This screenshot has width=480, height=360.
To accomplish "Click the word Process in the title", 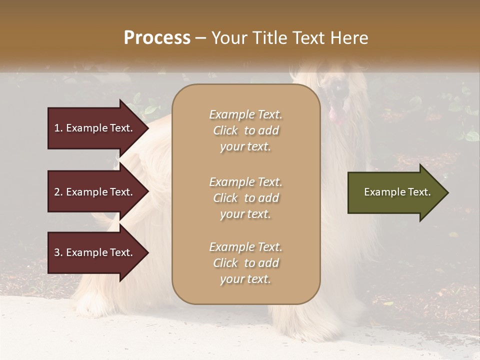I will pyautogui.click(x=157, y=38).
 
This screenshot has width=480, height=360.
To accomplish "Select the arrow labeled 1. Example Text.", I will pyautogui.click(x=95, y=128).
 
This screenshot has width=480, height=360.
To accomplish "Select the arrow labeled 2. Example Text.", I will pyautogui.click(x=95, y=192).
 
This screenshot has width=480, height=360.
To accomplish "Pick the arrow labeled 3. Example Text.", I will pyautogui.click(x=95, y=252).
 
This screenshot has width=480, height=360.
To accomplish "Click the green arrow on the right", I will pyautogui.click(x=395, y=192).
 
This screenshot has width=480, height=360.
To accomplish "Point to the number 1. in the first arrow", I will pyautogui.click(x=58, y=128).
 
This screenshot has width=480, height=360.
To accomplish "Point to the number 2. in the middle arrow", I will pyautogui.click(x=58, y=192).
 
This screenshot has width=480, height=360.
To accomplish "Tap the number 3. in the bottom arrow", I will pyautogui.click(x=58, y=252).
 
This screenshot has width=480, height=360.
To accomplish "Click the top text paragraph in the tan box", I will pyautogui.click(x=245, y=130).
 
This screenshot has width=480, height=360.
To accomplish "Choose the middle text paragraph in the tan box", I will pyautogui.click(x=245, y=198).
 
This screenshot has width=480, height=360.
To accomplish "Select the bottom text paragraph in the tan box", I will pyautogui.click(x=245, y=263).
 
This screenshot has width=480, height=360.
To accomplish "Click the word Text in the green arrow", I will pyautogui.click(x=420, y=192).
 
